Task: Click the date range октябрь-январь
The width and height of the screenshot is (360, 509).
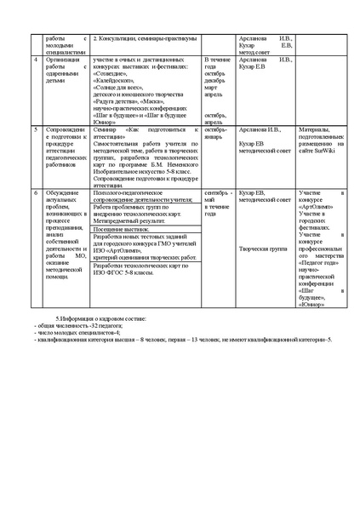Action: (x=218, y=133)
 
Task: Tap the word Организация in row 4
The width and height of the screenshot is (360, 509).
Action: (x=60, y=60)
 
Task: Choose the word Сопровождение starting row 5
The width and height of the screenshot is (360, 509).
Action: (x=63, y=129)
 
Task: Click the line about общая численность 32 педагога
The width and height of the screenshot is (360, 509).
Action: (x=77, y=325)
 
